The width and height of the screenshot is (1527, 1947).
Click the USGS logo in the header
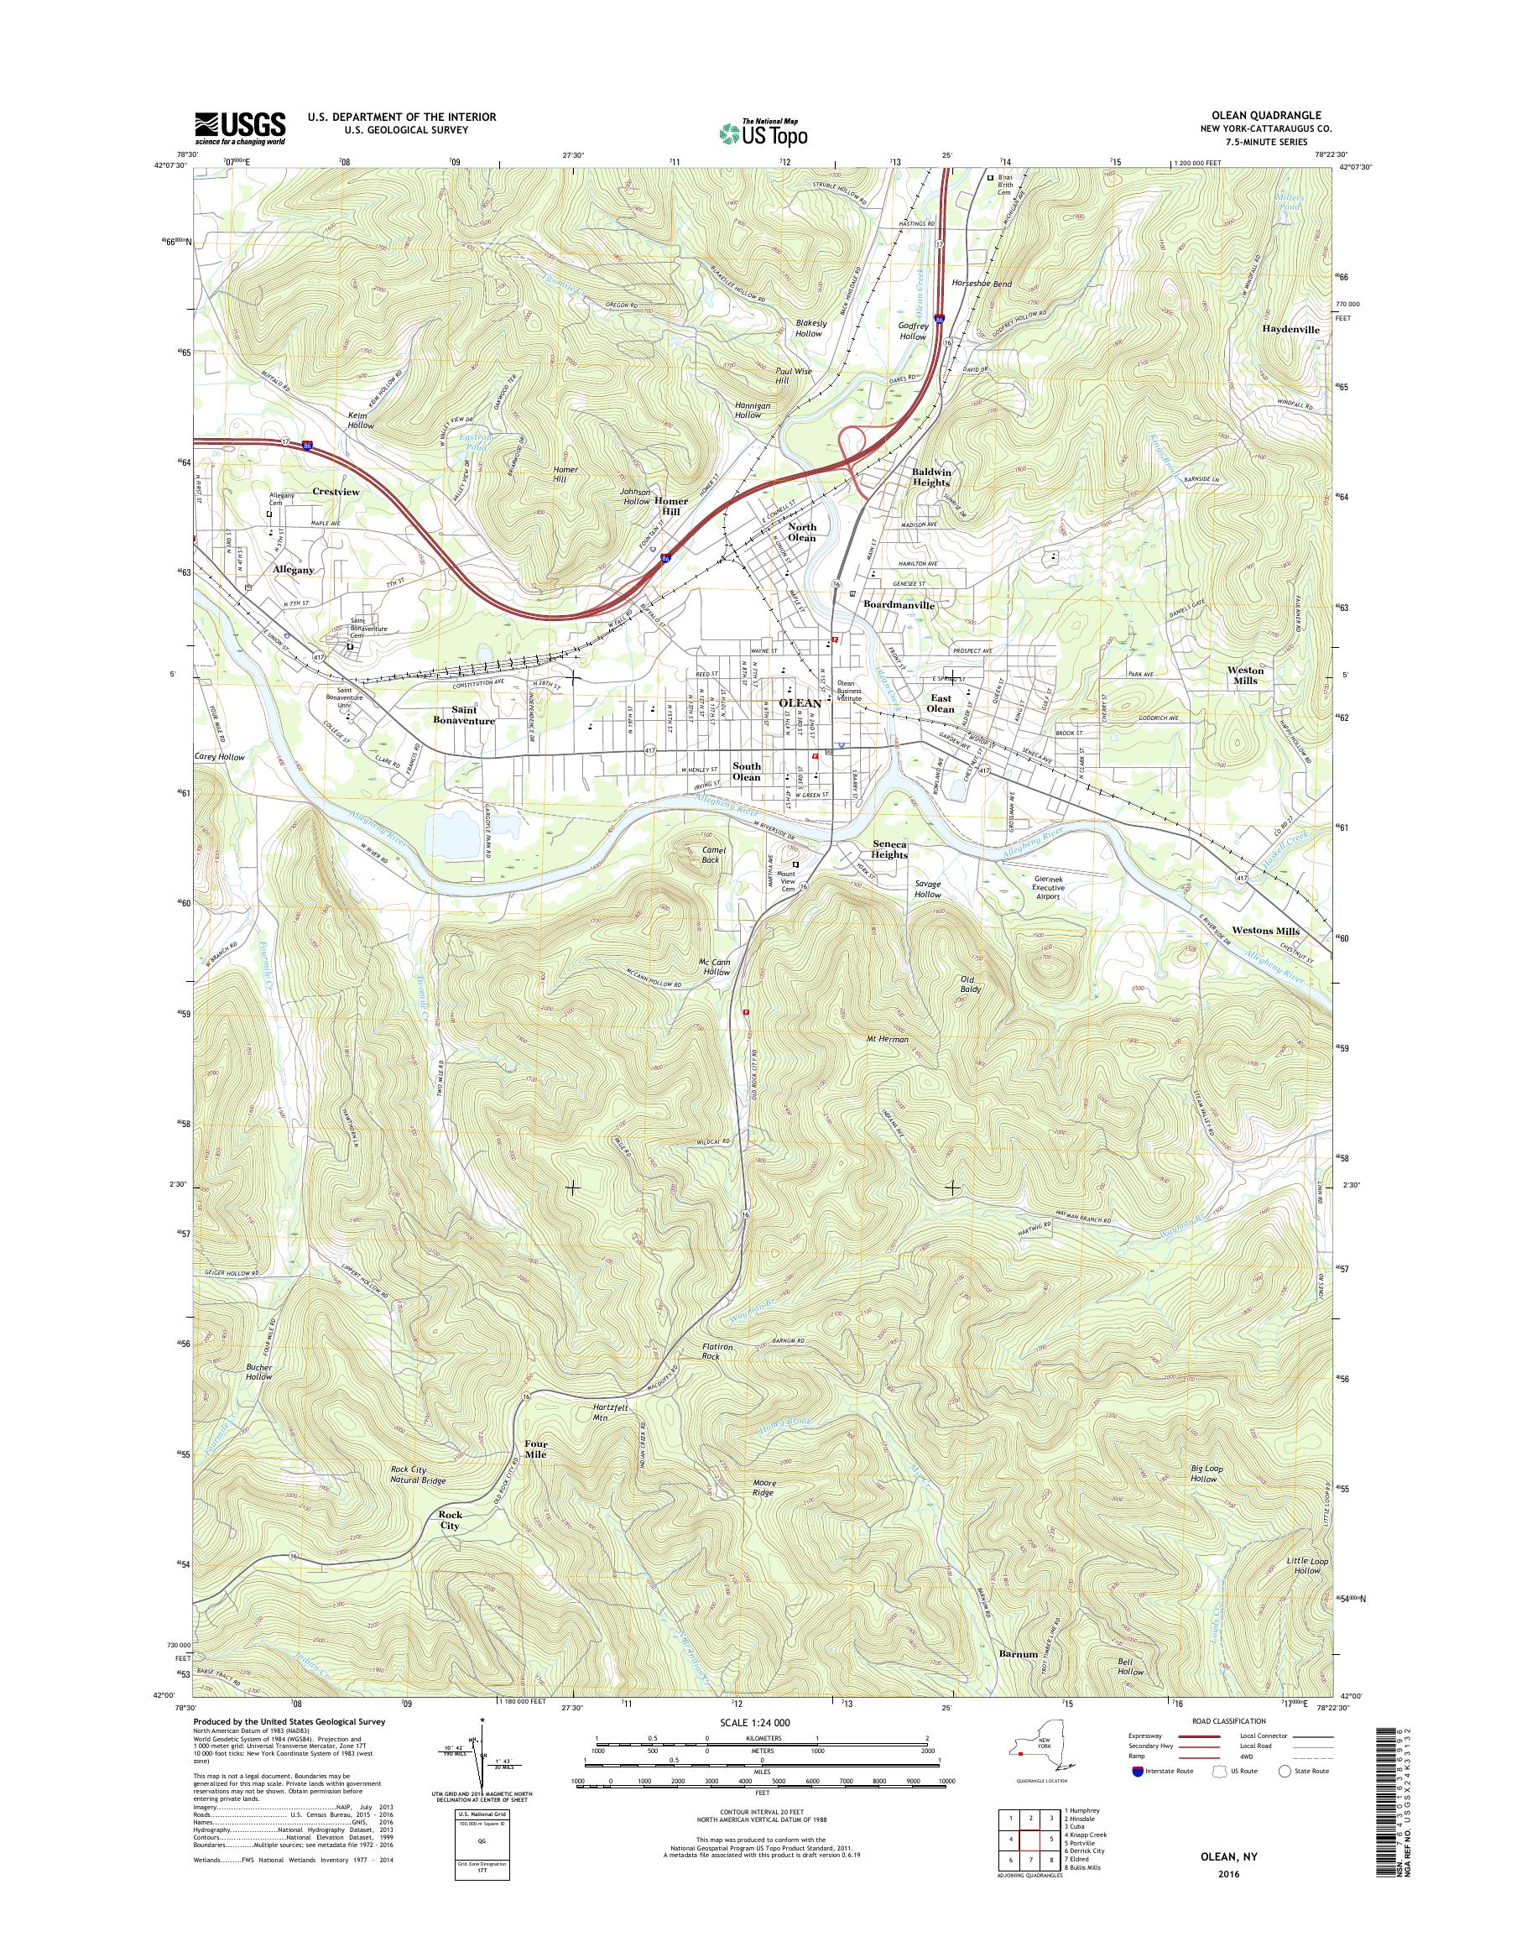241,128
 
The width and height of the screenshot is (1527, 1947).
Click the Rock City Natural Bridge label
418,1475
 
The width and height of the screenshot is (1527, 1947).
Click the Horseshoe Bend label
982,284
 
